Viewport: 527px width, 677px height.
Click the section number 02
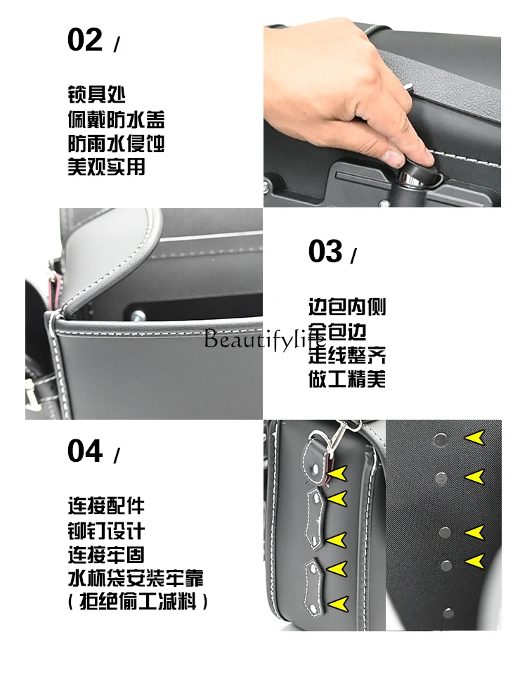pos(85,40)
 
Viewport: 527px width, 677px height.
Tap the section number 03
pos(325,251)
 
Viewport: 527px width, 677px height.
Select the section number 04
pos(85,451)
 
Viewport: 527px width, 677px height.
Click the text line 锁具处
pos(97,94)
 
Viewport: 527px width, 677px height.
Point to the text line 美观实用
pos(106,167)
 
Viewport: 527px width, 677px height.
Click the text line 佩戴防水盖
pos(116,120)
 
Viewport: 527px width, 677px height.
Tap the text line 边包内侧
pos(347,307)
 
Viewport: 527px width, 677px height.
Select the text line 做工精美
pos(347,379)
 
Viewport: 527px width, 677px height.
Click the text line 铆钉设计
pos(106,531)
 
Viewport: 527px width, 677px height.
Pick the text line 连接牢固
pos(106,555)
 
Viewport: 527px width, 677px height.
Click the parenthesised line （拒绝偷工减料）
pos(138,602)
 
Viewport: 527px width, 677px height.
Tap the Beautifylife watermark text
pos(264,339)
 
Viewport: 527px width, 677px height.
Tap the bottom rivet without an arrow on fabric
pos(449,612)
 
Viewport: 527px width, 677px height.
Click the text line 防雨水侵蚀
pos(116,143)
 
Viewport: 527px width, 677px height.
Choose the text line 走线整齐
pos(347,355)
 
